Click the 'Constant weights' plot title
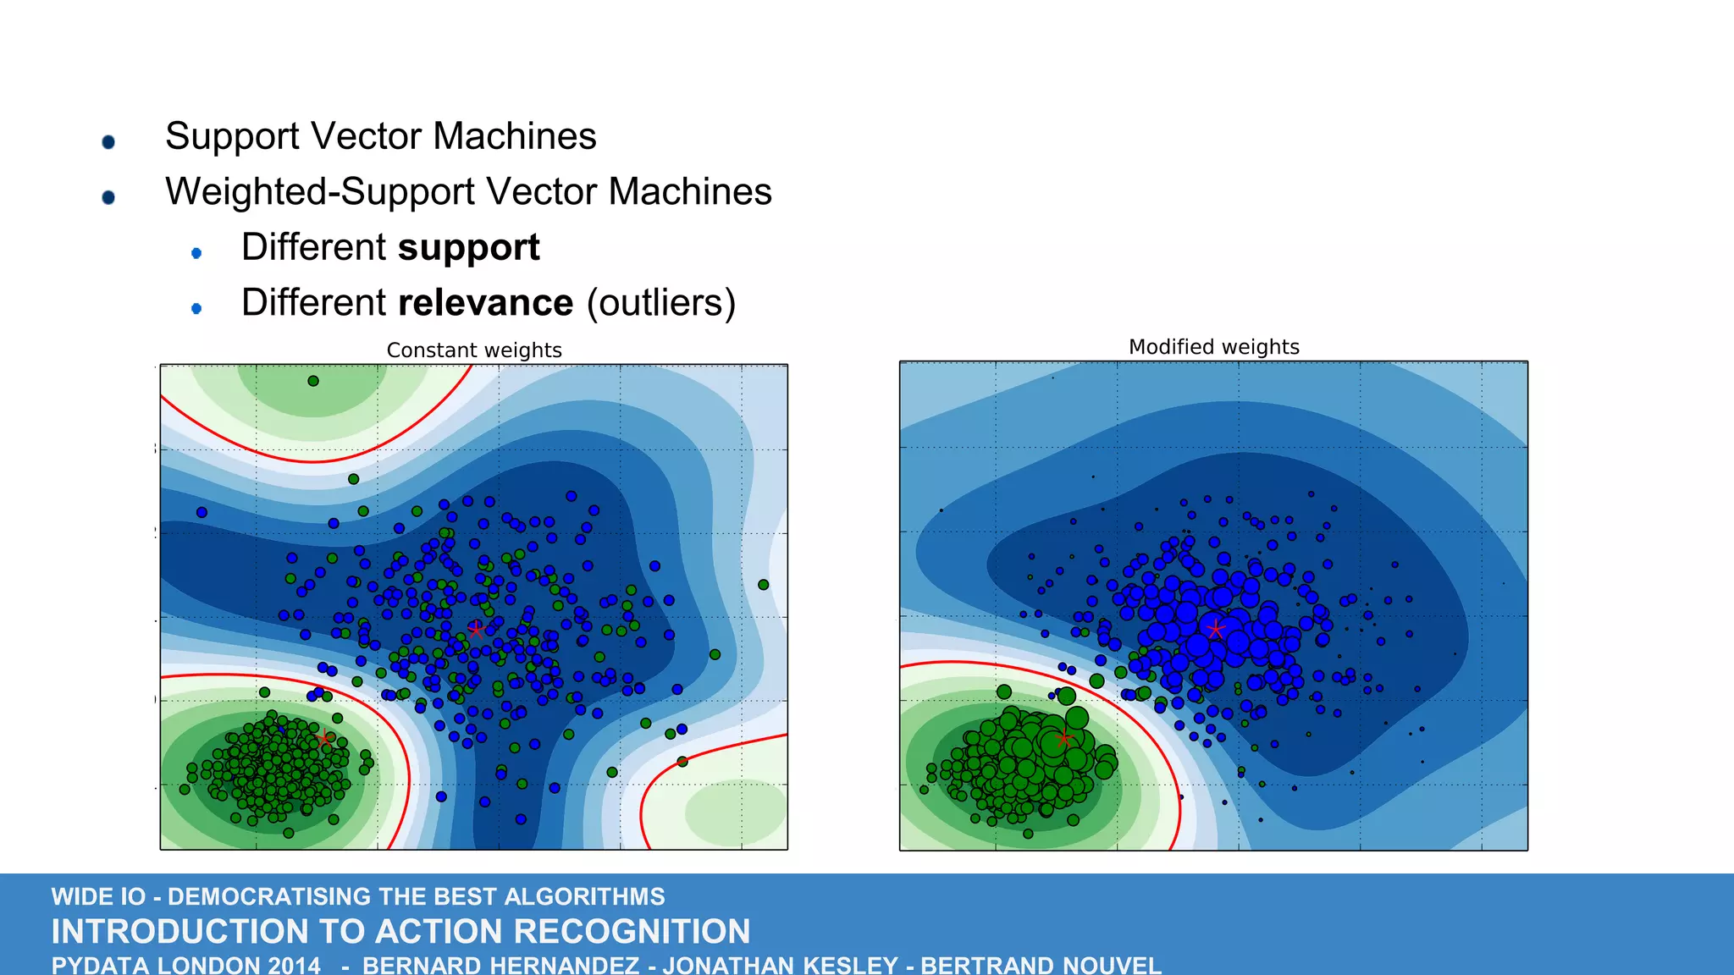[x=474, y=350]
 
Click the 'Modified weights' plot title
[x=1213, y=347]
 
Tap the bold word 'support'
[x=468, y=248]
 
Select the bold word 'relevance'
[x=485, y=303]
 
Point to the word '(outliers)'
[x=661, y=303]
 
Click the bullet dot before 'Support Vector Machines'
[x=108, y=142]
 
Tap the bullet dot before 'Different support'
[x=196, y=253]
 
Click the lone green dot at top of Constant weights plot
[x=313, y=381]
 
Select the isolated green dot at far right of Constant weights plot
[x=763, y=585]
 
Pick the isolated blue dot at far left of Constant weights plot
[x=202, y=512]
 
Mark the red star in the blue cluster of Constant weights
[x=476, y=630]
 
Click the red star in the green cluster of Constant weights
[x=324, y=738]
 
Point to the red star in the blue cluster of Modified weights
[x=1216, y=629]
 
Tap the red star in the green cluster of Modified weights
[x=1063, y=738]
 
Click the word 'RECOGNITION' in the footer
[x=631, y=932]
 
